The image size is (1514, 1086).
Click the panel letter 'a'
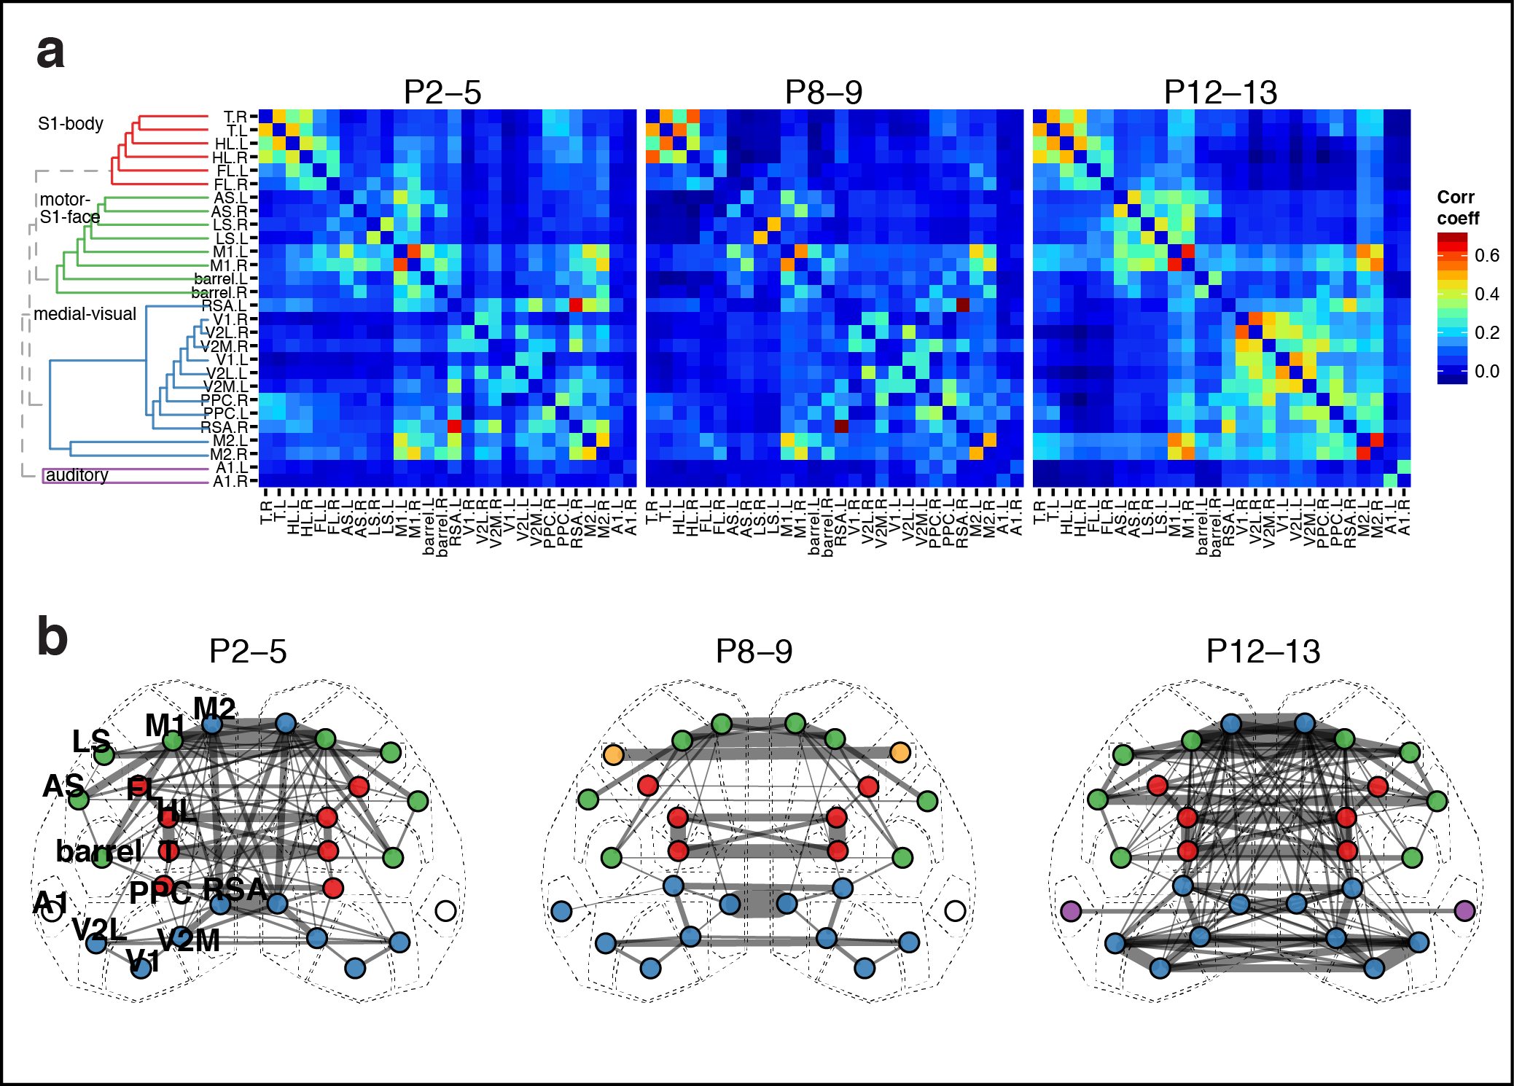coord(50,52)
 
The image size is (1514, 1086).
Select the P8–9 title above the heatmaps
coord(823,93)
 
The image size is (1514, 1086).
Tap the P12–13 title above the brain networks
coord(1263,651)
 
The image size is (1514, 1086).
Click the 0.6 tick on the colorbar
coord(1486,256)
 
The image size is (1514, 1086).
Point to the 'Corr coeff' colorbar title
coord(1457,208)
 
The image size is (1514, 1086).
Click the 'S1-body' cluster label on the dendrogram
coord(71,124)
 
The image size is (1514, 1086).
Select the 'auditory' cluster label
coord(77,475)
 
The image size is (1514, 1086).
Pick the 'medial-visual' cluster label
coord(85,314)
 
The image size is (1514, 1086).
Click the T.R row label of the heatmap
coord(235,117)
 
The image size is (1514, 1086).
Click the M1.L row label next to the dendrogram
coord(230,252)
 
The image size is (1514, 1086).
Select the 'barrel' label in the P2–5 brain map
coord(98,851)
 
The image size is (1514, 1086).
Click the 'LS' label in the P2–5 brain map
coord(91,741)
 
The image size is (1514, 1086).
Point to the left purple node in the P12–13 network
coord(1070,910)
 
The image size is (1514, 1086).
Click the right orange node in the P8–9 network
coord(900,753)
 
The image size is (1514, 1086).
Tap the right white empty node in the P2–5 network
coord(445,910)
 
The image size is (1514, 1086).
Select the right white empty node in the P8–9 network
coord(955,910)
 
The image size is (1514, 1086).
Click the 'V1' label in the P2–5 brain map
coord(142,961)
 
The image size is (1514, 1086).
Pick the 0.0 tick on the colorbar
coord(1486,372)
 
